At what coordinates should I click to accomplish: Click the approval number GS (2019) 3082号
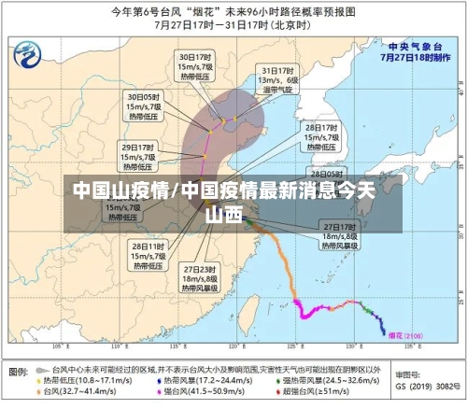425,385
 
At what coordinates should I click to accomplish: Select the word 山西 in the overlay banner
224,214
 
